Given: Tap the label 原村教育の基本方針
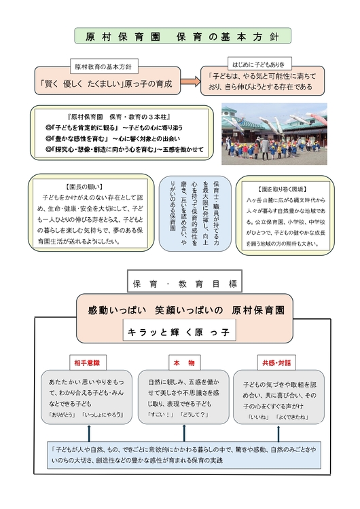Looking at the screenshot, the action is [x=107, y=68].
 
